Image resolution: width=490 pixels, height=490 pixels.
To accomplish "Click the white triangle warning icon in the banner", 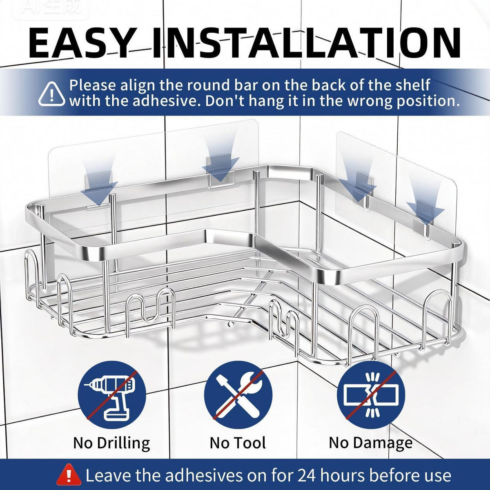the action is click(x=51, y=94).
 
